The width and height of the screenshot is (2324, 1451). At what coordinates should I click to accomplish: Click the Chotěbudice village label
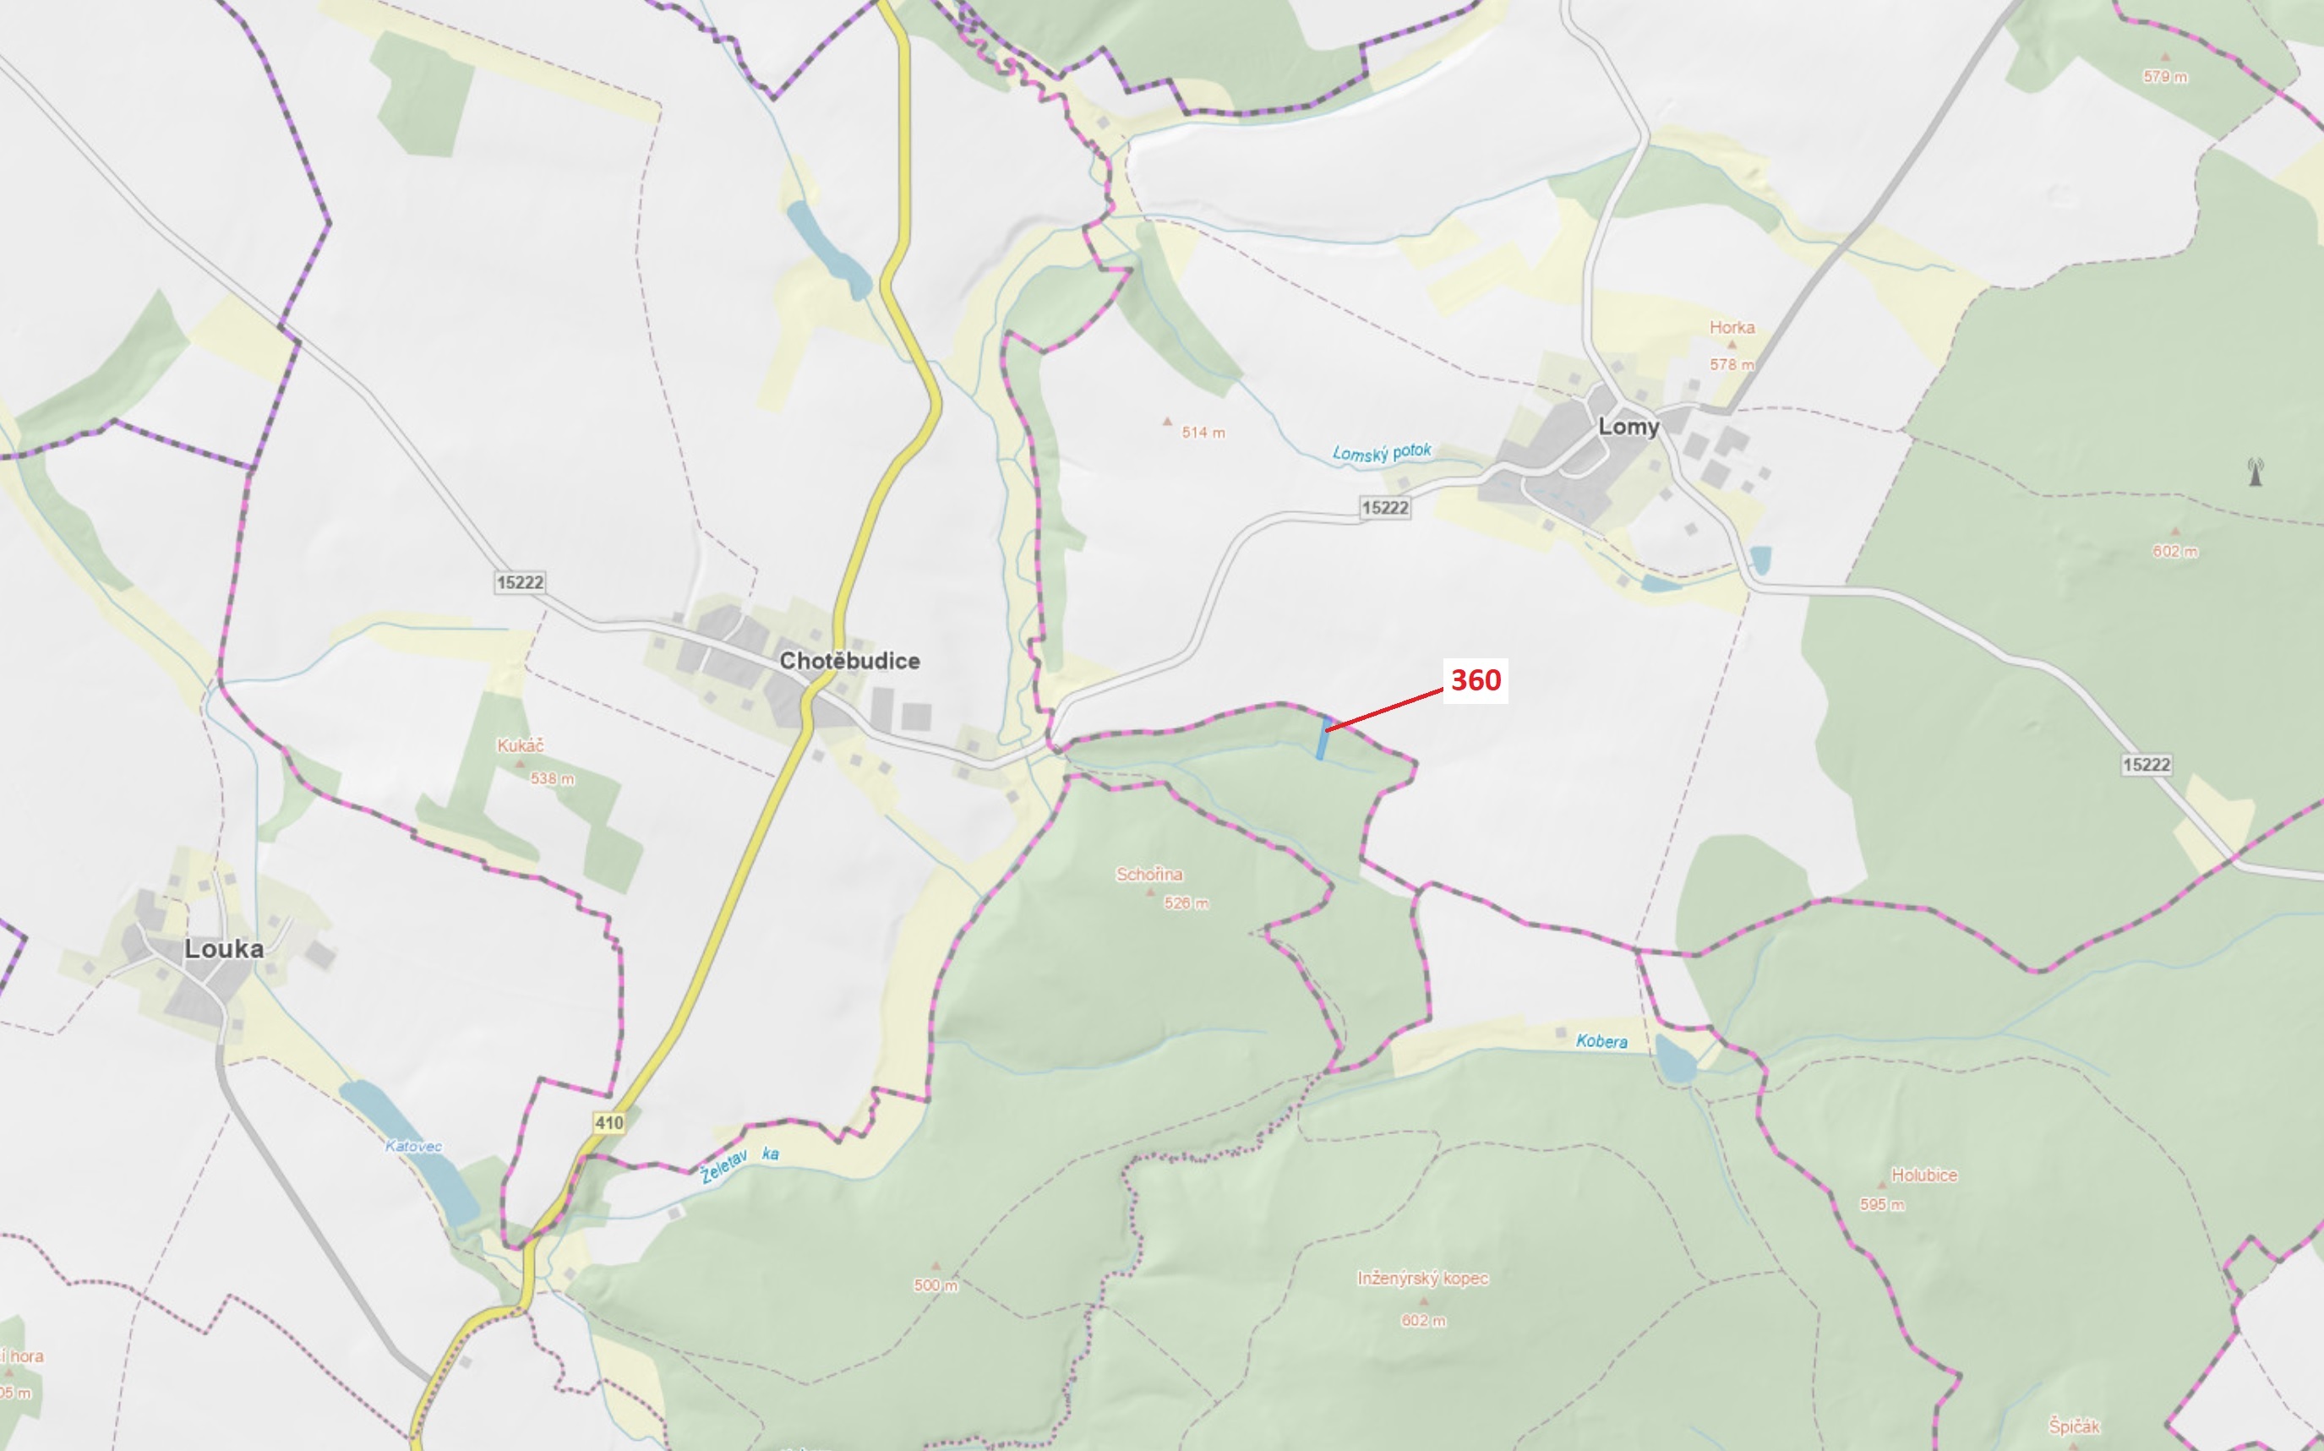coord(849,660)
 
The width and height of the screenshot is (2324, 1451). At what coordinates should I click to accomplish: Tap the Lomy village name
coord(1628,427)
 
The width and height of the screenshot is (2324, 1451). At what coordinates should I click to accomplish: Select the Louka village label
coord(224,949)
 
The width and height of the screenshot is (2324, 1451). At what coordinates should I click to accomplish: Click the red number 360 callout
coord(1475,680)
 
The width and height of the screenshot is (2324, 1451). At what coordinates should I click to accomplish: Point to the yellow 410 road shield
coord(609,1123)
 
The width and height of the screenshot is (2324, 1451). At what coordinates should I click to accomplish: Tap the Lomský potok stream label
coord(1382,452)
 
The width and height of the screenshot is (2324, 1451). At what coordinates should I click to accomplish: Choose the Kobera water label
coord(1601,1041)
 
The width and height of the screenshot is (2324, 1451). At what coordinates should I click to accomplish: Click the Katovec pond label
coord(413,1146)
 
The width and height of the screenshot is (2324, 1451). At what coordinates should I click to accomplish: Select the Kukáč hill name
coord(520,745)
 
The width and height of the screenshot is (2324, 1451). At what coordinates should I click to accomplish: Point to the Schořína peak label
coord(1149,875)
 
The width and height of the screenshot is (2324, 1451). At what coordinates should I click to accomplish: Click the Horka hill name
coord(1732,327)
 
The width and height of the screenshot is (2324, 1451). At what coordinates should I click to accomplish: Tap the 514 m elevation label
coord(1203,433)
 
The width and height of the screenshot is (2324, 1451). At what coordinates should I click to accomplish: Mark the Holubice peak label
coord(1924,1175)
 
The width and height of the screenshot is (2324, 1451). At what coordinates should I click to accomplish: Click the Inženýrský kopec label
coord(1422,1279)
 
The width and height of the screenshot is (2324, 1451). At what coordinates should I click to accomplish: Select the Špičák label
coord(2074,1426)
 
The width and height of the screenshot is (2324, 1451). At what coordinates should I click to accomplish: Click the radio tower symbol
coord(2256,472)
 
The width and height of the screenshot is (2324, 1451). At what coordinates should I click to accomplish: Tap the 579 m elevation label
coord(2166,77)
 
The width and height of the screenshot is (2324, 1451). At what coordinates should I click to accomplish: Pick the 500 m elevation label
coord(936,1285)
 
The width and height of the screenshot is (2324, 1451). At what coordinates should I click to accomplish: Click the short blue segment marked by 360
coord(1323,738)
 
